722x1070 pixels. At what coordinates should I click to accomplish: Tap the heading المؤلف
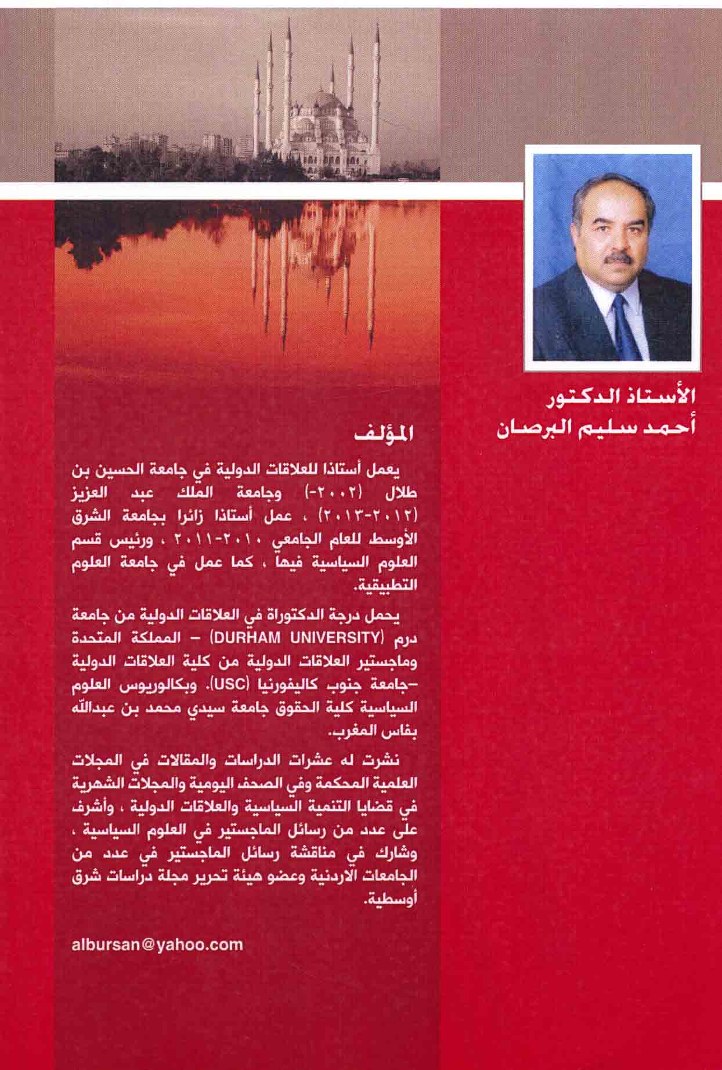[387, 435]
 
